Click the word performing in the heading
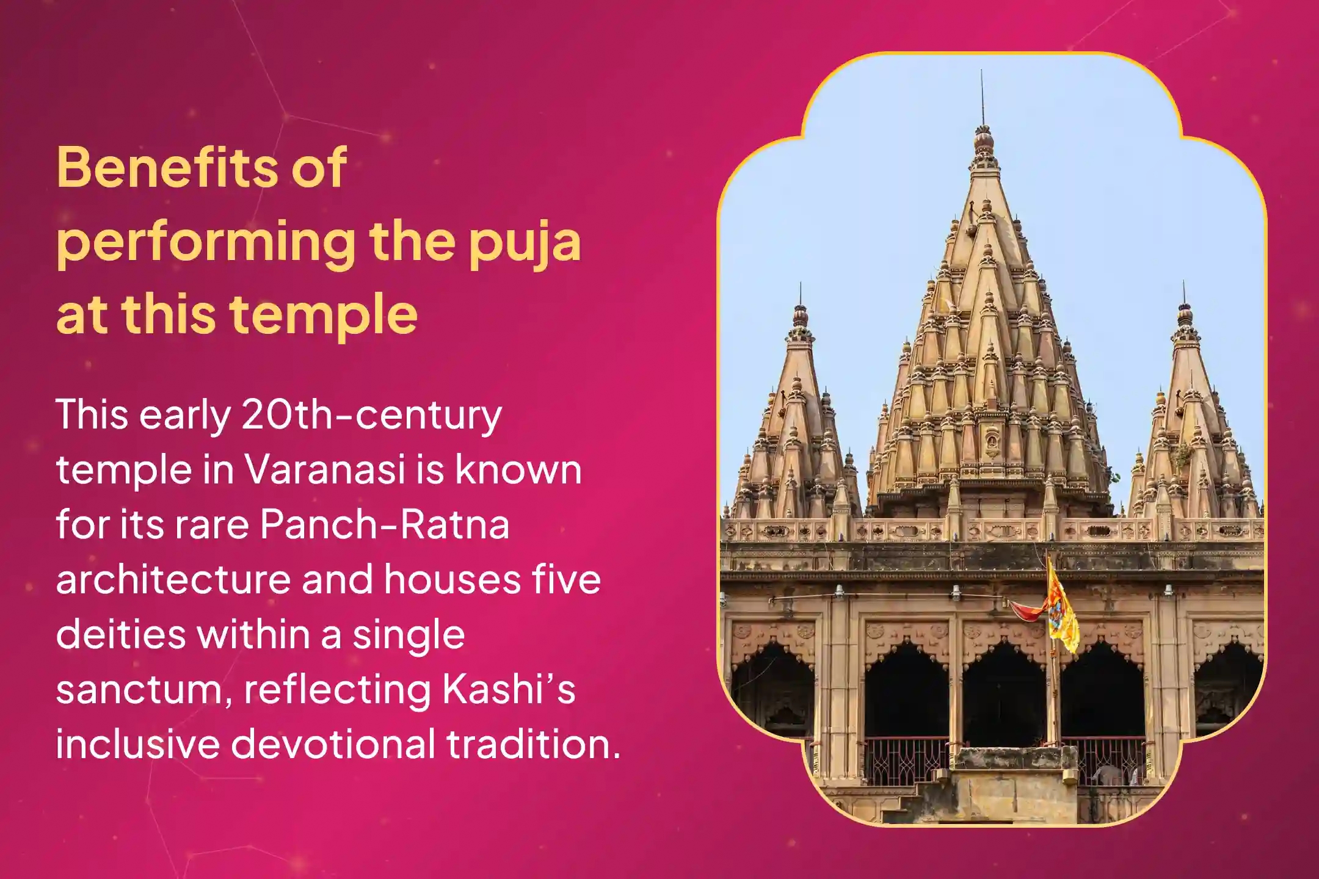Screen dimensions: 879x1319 (x=205, y=243)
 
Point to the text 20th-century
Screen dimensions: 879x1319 (x=371, y=416)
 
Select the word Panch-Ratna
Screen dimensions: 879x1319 (x=385, y=524)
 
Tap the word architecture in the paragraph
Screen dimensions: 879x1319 (x=173, y=579)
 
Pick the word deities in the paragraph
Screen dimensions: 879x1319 (x=120, y=634)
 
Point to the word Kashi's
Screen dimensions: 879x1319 (x=509, y=689)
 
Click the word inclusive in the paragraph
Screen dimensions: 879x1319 (x=137, y=744)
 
